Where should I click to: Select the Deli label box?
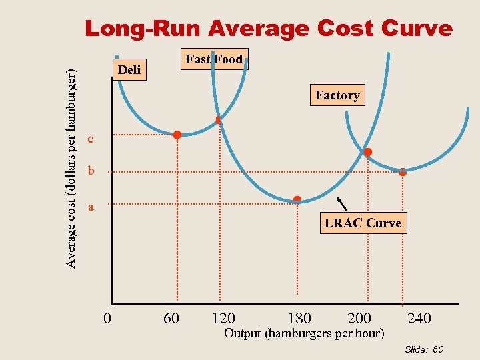pos(129,69)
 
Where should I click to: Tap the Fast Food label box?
pos(215,59)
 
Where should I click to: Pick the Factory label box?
pos(337,95)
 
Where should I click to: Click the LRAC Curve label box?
pos(363,223)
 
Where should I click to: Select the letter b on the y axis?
pos(91,171)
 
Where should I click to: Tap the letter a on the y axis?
pos(91,207)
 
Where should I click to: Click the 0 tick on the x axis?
pos(107,319)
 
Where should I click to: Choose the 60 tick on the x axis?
pos(171,319)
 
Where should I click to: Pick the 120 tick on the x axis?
pos(223,319)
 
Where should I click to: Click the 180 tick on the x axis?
pos(299,319)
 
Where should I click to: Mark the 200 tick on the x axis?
pos(359,319)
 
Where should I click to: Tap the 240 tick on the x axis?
pos(419,319)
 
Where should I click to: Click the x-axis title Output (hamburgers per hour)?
pos(304,333)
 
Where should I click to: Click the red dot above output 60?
pos(177,135)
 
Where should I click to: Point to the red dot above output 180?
pos(297,199)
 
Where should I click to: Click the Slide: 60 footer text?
pos(424,349)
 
